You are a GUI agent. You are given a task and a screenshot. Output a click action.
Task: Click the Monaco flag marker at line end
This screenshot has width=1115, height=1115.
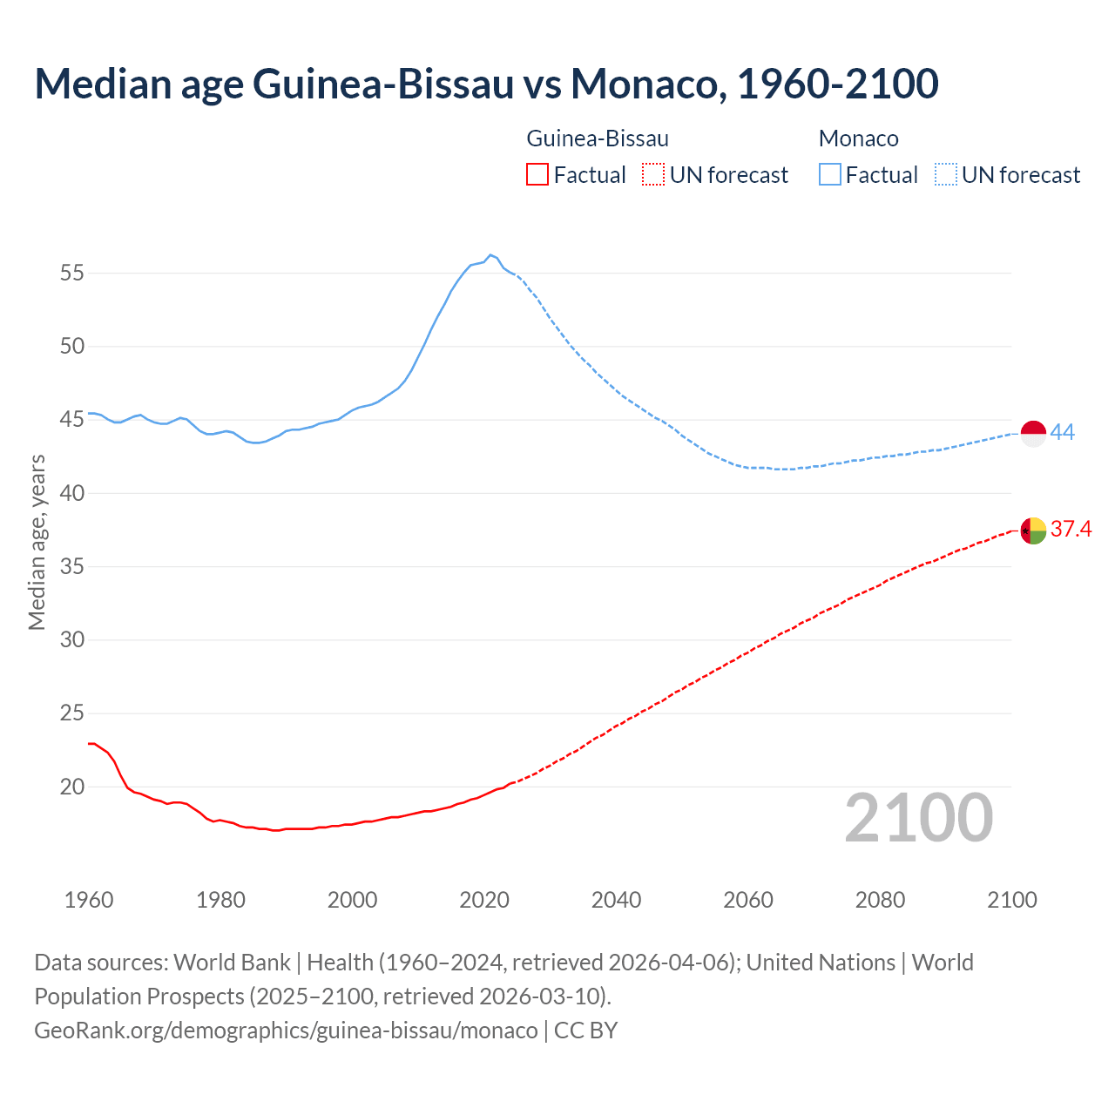click(1033, 433)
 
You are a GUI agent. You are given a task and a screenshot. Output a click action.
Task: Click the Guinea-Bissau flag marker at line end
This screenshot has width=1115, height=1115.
click(1033, 530)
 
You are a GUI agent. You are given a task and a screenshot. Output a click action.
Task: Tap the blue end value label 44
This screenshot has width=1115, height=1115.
click(1063, 432)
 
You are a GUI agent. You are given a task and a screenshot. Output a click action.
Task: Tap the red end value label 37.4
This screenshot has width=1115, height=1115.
click(1071, 529)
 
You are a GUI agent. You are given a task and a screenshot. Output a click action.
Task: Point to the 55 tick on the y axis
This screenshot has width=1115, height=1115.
click(72, 274)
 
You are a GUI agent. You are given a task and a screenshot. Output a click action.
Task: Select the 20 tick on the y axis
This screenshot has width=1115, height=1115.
click(72, 787)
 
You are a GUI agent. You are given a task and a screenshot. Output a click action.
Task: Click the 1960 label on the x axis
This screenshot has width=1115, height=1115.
click(89, 900)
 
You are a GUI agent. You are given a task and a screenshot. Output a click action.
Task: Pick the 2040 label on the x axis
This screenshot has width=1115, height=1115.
click(616, 900)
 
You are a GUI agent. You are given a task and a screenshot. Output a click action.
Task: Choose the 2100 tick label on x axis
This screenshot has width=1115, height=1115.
click(1012, 900)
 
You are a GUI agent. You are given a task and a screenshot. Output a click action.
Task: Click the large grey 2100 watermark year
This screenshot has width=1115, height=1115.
click(919, 818)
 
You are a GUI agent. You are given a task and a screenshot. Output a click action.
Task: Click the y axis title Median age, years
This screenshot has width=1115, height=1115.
click(37, 542)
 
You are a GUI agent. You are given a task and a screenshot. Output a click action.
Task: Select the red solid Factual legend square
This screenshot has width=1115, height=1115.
click(537, 175)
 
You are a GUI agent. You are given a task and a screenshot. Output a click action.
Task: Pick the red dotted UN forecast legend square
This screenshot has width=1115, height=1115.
click(653, 175)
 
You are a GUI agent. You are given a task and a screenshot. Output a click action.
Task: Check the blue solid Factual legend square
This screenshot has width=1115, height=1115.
click(829, 175)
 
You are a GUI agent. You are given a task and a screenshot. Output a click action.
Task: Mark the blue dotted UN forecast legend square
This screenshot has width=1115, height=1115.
click(945, 175)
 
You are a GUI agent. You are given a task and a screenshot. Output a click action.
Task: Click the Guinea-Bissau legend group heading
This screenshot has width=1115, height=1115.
click(598, 139)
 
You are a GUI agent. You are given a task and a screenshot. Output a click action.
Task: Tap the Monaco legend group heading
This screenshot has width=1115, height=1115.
click(858, 139)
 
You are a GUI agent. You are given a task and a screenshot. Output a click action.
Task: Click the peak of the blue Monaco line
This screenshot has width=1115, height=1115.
click(490, 255)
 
